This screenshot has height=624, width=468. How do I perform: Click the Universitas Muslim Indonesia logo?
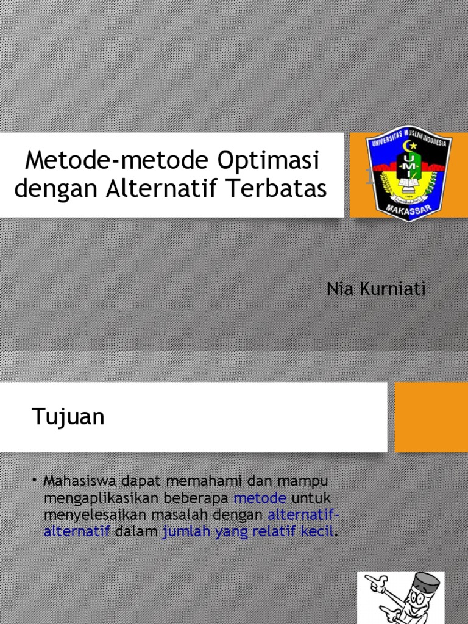click(x=408, y=173)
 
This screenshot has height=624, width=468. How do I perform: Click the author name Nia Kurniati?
click(x=376, y=289)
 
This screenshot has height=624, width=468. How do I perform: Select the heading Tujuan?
click(x=68, y=417)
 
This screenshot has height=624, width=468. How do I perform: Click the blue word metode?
click(x=260, y=497)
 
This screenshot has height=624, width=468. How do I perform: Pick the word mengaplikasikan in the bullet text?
click(x=96, y=497)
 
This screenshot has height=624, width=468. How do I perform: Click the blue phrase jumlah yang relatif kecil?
click(x=248, y=531)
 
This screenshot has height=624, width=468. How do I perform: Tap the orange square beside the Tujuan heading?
click(x=431, y=417)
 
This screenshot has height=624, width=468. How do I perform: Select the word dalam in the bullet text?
click(x=136, y=531)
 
